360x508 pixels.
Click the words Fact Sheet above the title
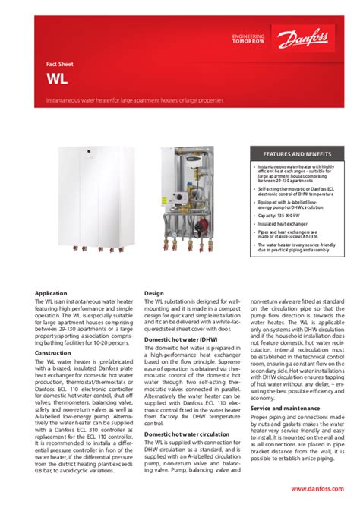[x=58, y=65]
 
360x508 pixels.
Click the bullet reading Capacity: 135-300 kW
[x=279, y=215]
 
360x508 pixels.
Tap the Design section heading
[x=154, y=292]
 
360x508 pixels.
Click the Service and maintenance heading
[x=285, y=408]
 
